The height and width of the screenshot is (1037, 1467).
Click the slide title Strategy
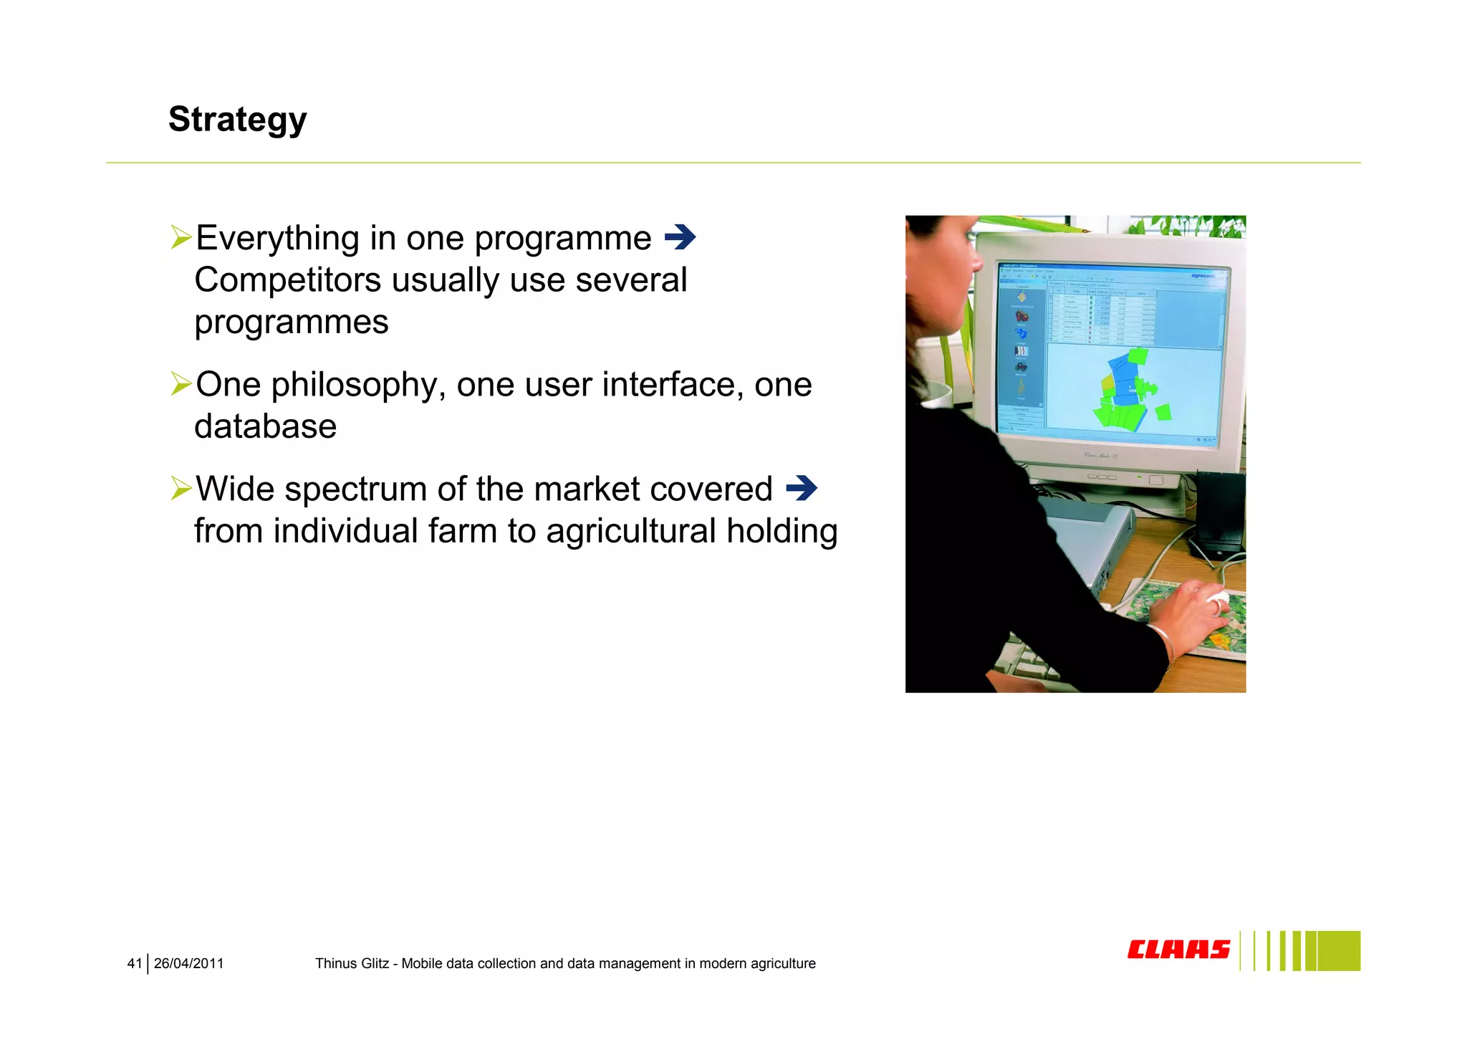pyautogui.click(x=237, y=119)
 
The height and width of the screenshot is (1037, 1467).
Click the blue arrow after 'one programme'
pyautogui.click(x=680, y=237)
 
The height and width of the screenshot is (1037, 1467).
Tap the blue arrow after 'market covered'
pyautogui.click(x=801, y=489)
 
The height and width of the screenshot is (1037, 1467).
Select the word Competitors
pyautogui.click(x=287, y=280)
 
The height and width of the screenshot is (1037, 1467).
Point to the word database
pyautogui.click(x=265, y=427)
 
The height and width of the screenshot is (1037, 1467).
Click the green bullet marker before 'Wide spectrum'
pyautogui.click(x=181, y=489)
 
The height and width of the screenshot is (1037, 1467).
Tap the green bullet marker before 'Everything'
pyautogui.click(x=181, y=237)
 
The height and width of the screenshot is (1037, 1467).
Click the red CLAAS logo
pyautogui.click(x=1178, y=950)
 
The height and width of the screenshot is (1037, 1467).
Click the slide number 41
pyautogui.click(x=134, y=964)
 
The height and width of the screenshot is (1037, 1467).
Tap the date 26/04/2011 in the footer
pyautogui.click(x=188, y=964)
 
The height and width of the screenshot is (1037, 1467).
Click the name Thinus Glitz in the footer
pyautogui.click(x=352, y=964)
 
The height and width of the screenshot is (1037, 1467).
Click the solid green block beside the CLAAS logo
pyautogui.click(x=1339, y=951)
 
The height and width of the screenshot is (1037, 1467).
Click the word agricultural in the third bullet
pyautogui.click(x=630, y=532)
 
